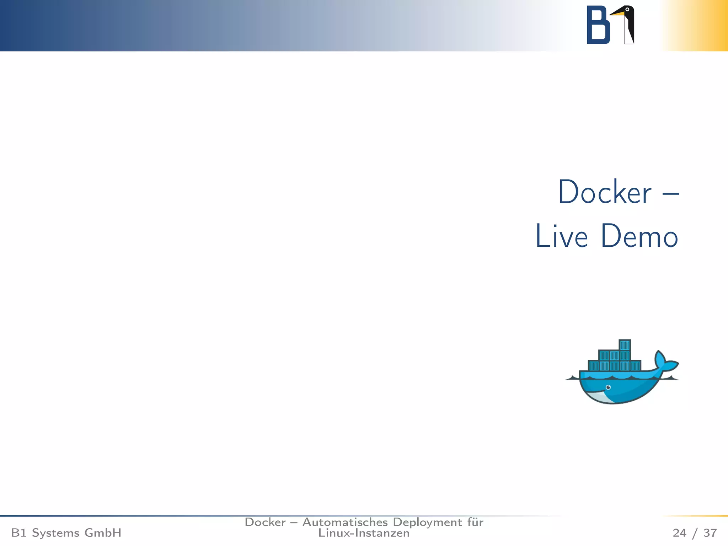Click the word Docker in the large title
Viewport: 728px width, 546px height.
pyautogui.click(x=605, y=192)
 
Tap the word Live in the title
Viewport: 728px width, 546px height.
pyautogui.click(x=561, y=236)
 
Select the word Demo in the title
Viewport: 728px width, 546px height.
pyautogui.click(x=639, y=236)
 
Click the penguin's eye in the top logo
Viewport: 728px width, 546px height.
pyautogui.click(x=627, y=10)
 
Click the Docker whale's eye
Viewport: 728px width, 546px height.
pyautogui.click(x=608, y=387)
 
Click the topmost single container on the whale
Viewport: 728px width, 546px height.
pyautogui.click(x=625, y=345)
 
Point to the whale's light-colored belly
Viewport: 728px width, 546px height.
pyautogui.click(x=597, y=397)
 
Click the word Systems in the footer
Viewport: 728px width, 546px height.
pyautogui.click(x=55, y=533)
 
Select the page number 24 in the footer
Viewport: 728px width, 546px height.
pyautogui.click(x=679, y=533)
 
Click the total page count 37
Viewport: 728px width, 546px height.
pyautogui.click(x=710, y=533)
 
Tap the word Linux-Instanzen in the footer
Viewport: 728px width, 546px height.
pyautogui.click(x=364, y=533)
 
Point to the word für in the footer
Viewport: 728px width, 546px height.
pyautogui.click(x=475, y=522)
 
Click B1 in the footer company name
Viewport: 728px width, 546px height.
pyautogui.click(x=18, y=533)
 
